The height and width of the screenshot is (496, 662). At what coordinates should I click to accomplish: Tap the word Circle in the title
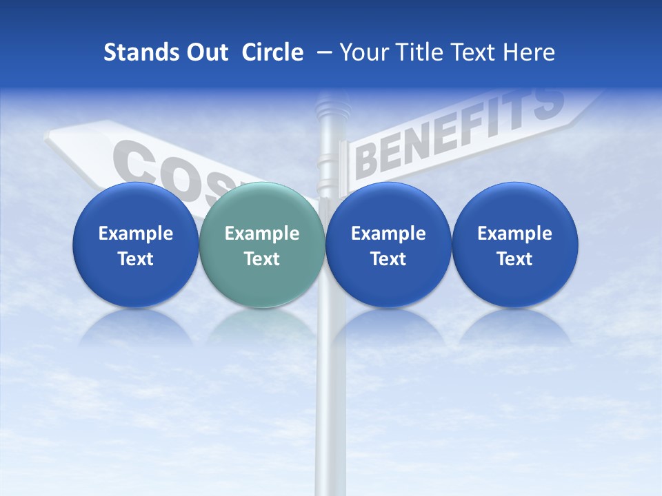click(272, 52)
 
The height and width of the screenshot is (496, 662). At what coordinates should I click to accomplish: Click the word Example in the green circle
click(262, 234)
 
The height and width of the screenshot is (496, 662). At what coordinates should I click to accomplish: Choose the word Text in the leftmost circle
click(135, 259)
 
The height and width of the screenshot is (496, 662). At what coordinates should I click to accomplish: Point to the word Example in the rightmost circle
click(514, 234)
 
